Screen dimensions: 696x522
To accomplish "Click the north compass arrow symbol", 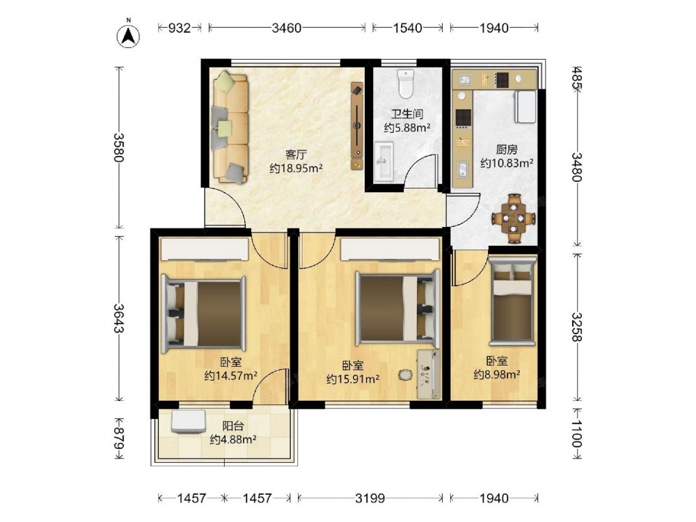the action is coord(128,35).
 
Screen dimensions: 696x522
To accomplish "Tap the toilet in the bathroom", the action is coord(406,83).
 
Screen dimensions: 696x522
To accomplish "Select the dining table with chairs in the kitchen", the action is coord(514,219).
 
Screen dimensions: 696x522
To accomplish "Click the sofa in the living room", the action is coord(230,128).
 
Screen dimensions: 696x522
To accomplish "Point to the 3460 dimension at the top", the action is coord(286,28).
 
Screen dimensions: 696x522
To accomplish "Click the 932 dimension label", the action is coord(180,28).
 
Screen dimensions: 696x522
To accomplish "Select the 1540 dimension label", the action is coord(407,28).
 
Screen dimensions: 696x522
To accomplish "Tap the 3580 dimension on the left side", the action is coord(118,148).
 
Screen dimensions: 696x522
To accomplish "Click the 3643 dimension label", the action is coord(118,318).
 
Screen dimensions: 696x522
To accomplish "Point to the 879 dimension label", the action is coord(118,438).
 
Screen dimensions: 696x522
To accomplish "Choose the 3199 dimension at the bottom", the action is coord(370,498).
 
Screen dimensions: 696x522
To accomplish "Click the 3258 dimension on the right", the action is coord(576,326).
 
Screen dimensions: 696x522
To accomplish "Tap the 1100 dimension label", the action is coord(576,434).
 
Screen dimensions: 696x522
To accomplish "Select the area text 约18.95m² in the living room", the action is coord(296,168).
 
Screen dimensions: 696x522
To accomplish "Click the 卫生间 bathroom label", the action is coord(407,114).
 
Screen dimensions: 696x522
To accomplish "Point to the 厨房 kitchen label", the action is coord(507,150).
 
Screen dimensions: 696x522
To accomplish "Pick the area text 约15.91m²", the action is coord(353,379).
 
